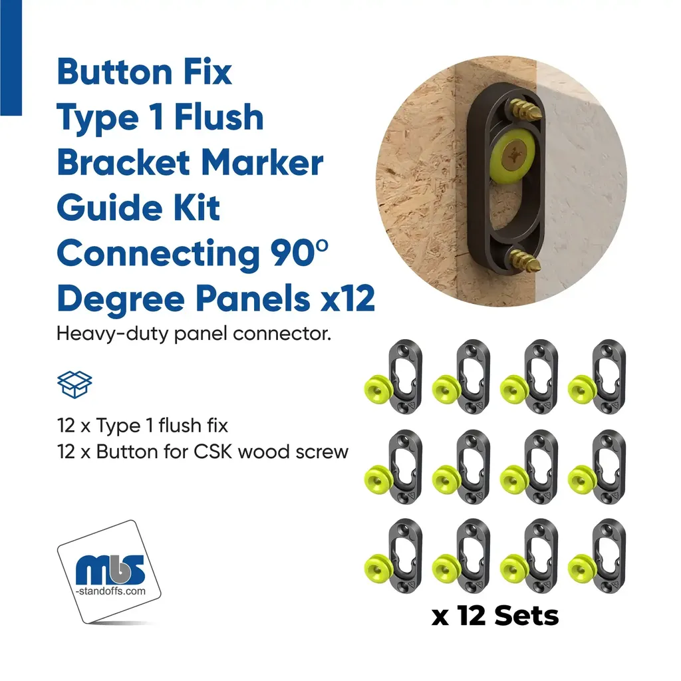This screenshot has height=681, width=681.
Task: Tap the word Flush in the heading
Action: tap(219, 117)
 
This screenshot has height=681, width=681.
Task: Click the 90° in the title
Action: tap(299, 253)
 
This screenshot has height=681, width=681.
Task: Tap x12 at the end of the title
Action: tap(347, 299)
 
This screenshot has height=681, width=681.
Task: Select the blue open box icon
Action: tap(74, 384)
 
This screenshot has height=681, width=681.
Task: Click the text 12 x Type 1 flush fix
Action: tap(142, 426)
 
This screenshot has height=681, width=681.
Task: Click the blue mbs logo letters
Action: tap(110, 570)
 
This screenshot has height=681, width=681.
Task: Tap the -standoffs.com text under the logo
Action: tap(111, 591)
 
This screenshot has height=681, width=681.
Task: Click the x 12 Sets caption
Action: tap(495, 616)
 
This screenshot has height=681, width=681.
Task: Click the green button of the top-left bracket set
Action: tap(378, 388)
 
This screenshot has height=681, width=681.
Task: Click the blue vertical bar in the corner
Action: tap(11, 58)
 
